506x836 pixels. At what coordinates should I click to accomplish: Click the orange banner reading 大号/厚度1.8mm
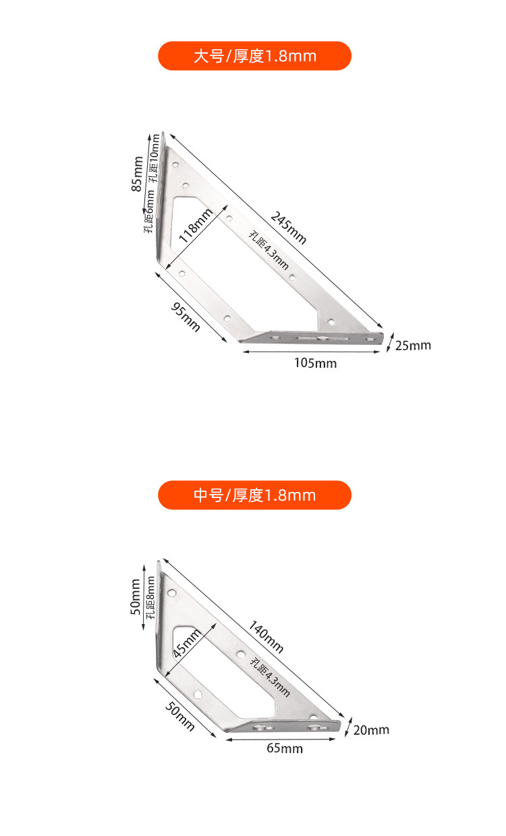point(254,56)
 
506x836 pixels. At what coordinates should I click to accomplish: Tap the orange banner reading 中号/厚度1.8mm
point(254,495)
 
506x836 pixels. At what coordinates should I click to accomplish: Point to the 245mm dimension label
point(288,227)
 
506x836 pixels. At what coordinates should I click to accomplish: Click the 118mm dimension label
point(195,225)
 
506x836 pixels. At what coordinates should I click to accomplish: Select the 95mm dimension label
point(186,317)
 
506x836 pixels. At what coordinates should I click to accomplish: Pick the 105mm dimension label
point(315,364)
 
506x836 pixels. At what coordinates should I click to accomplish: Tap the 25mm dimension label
point(412,345)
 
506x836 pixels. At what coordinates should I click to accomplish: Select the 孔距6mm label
point(150,211)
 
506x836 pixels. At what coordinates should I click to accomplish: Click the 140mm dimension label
point(265,636)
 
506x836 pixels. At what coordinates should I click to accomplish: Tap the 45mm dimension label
point(186,644)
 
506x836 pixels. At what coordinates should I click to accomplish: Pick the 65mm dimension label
point(284,748)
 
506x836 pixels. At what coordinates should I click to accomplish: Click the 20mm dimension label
point(371,730)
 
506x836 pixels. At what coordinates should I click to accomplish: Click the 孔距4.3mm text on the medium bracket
point(270,677)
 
